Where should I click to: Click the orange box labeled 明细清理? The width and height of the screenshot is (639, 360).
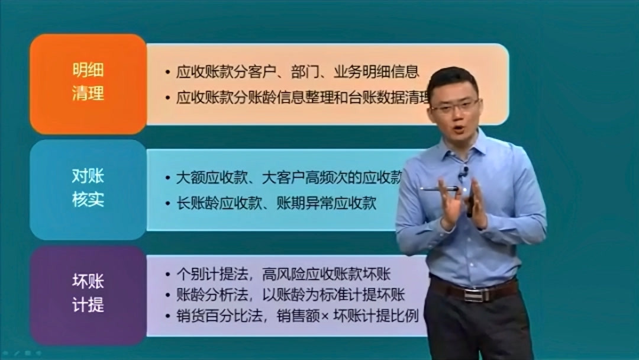coord(88,83)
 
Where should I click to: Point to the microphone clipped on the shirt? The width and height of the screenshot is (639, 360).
coord(464,172)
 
